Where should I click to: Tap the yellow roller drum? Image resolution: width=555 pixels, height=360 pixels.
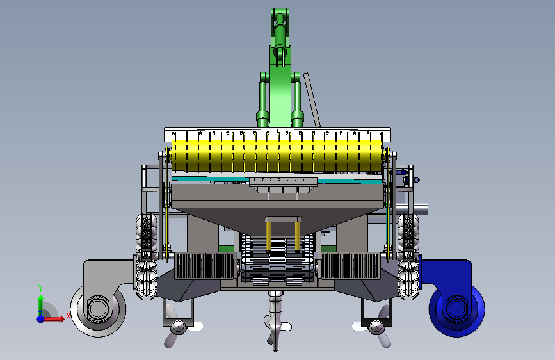(277, 156)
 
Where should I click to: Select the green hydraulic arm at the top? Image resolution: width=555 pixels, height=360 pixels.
(280, 67)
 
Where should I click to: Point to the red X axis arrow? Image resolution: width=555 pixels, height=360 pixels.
(54, 319)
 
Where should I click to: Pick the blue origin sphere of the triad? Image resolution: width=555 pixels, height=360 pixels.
(41, 319)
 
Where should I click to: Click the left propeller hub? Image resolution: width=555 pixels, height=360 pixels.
(179, 326)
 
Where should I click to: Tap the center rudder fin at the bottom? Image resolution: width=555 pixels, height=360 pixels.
(276, 321)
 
